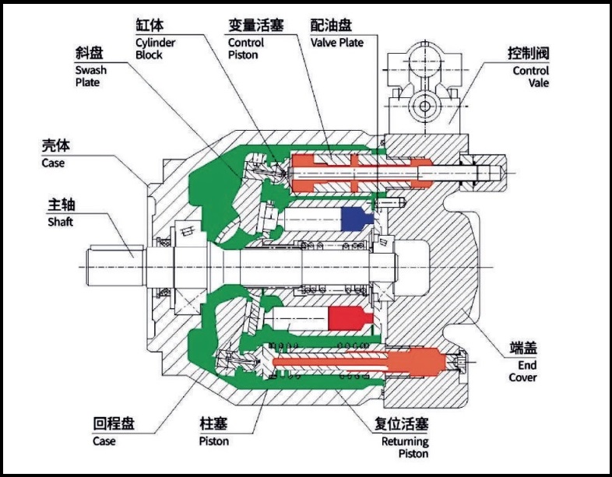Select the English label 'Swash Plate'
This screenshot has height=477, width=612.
click(x=91, y=76)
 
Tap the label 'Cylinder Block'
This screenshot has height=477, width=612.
click(x=153, y=48)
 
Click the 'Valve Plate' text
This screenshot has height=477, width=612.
click(x=337, y=43)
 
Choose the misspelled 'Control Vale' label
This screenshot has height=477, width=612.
click(x=530, y=76)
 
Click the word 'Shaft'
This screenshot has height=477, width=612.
click(x=60, y=222)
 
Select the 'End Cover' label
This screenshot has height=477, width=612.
click(x=522, y=371)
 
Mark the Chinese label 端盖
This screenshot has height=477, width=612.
click(x=523, y=348)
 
